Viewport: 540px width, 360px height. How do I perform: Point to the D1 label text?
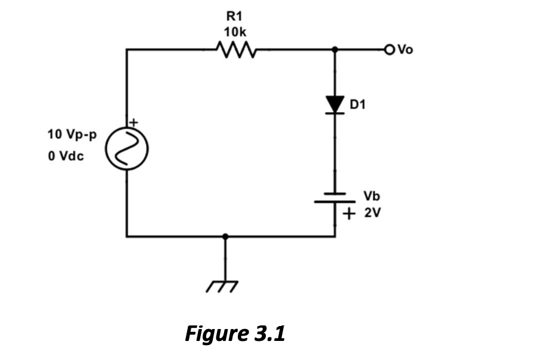click(x=358, y=105)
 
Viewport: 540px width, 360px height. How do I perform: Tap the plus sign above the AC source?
click(x=134, y=122)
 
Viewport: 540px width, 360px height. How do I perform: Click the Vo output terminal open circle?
click(x=390, y=49)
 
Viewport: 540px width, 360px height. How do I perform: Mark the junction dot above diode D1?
click(x=335, y=49)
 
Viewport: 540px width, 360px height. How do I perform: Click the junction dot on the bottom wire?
click(x=225, y=237)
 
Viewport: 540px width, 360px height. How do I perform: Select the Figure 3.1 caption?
click(x=235, y=333)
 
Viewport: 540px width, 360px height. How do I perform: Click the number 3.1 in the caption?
click(x=269, y=333)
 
